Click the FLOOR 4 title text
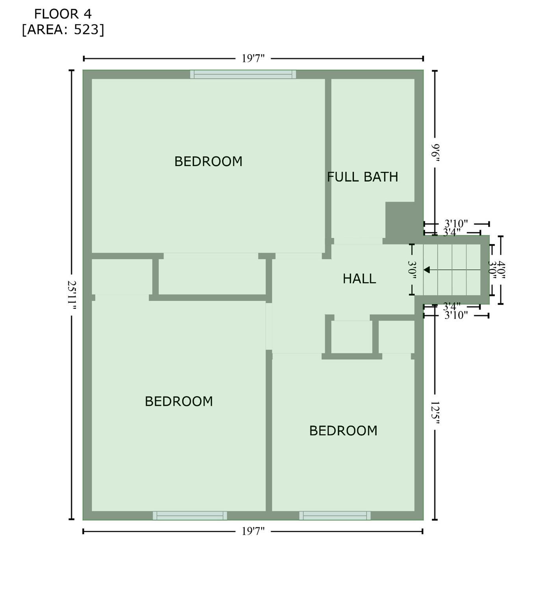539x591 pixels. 63,14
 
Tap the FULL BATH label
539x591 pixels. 362,177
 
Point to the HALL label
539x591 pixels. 359,279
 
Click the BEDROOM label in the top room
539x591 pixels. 208,161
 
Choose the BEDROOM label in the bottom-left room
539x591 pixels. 179,401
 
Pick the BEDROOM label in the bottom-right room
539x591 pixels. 343,431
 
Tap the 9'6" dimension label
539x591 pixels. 435,153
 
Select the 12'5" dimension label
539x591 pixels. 435,412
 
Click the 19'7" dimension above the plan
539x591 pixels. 253,59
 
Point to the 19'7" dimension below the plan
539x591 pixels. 253,531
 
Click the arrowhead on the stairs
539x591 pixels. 426,270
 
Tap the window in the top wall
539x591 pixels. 243,74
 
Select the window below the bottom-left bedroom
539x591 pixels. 190,516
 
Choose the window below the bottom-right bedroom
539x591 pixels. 335,516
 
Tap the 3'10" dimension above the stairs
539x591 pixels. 456,224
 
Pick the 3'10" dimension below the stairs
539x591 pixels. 456,315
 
